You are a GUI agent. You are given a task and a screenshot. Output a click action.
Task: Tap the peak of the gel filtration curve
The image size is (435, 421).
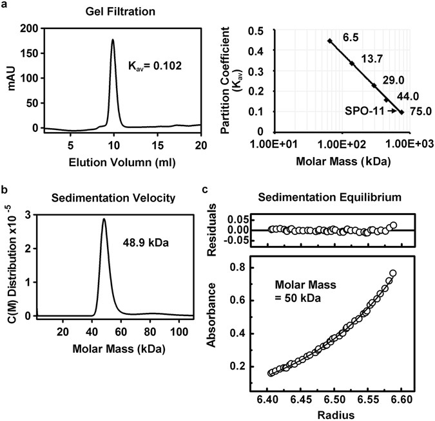(x=113, y=40)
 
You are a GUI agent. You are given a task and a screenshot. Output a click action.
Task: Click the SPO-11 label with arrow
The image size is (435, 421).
(x=363, y=111)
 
